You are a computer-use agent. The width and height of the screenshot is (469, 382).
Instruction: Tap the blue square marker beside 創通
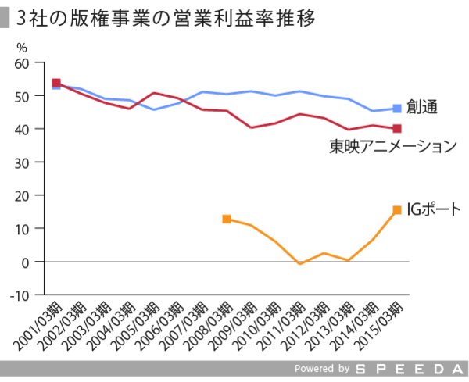point(396,109)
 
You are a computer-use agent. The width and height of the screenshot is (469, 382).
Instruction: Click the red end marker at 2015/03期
point(397,128)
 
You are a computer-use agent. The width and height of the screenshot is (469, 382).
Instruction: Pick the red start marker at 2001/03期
point(56,83)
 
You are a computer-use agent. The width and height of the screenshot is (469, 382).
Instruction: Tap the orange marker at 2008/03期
point(227,219)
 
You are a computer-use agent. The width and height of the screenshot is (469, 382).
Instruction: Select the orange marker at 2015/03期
point(397,209)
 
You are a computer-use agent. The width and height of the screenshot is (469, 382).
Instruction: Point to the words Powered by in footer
point(321,368)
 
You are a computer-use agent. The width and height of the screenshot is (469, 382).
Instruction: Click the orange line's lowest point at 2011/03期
point(299,264)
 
